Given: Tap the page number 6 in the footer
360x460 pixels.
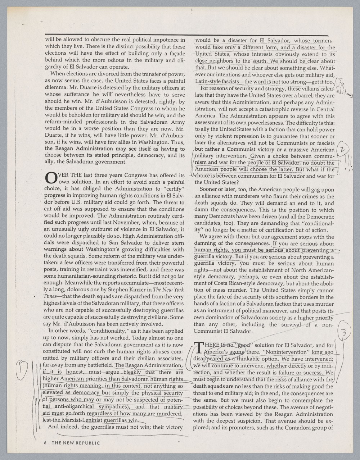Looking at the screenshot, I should click(x=45, y=443).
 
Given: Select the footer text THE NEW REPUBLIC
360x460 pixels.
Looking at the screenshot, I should click(x=76, y=443).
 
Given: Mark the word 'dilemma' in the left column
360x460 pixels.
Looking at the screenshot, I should click(x=55, y=87).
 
